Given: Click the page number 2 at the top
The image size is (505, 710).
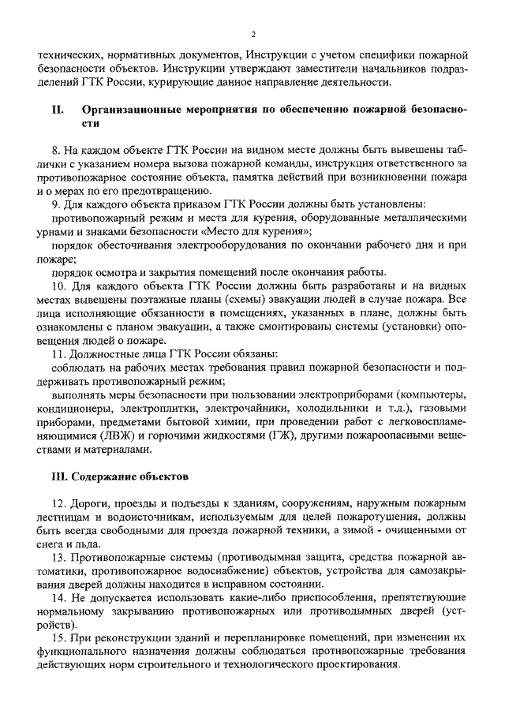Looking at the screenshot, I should click(253, 34).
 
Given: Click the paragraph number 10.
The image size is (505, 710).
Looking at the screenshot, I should click(58, 285).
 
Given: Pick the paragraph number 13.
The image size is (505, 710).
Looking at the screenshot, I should click(58, 557).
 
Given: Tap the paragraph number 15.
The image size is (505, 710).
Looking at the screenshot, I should click(58, 637).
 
